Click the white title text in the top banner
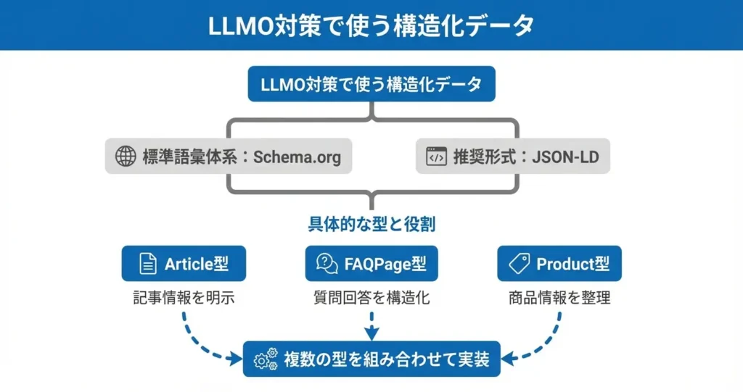371,25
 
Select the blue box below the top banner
371,84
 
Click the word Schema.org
297,157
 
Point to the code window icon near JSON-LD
436,157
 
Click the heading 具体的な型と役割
371,225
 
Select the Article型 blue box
184,264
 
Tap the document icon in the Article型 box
148,264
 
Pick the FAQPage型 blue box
371,264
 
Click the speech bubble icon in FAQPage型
327,264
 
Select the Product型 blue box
559,264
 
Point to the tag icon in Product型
519,264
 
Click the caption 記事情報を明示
184,298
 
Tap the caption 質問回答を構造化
371,298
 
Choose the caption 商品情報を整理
559,298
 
